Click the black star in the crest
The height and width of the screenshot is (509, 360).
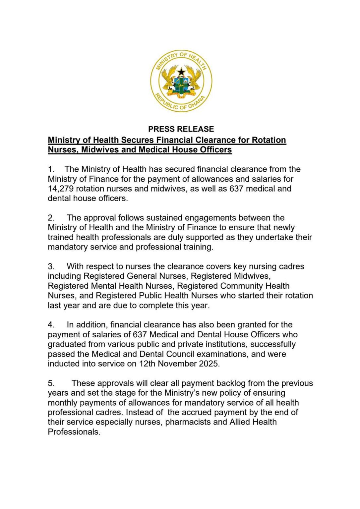pos(181,72)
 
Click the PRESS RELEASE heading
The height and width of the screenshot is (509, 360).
pos(181,129)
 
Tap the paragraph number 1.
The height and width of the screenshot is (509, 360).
pos(51,169)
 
